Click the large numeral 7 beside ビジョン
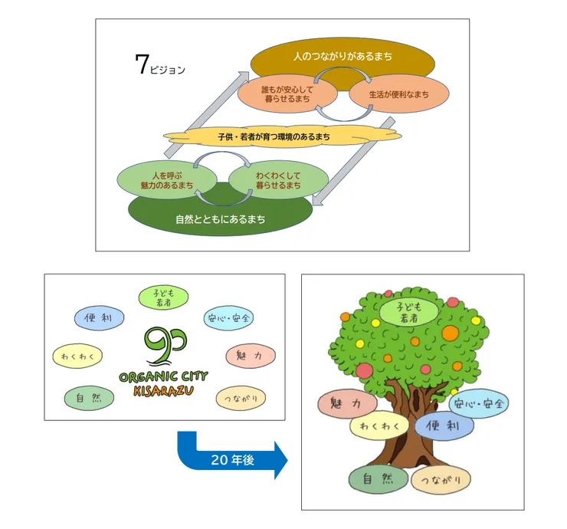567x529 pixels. (141, 66)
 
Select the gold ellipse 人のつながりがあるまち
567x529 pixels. (342, 57)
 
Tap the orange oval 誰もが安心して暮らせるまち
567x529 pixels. (287, 95)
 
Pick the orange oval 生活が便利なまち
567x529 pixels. (399, 95)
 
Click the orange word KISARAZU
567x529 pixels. (163, 392)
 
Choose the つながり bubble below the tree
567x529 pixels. (441, 480)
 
